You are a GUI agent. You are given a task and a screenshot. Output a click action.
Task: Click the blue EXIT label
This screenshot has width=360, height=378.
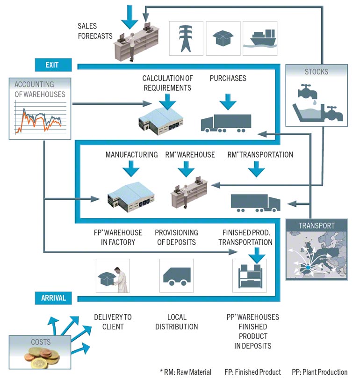tap(52, 65)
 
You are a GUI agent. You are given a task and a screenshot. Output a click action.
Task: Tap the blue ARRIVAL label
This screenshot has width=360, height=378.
tap(53, 298)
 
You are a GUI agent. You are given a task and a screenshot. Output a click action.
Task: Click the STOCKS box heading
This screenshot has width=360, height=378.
tap(317, 72)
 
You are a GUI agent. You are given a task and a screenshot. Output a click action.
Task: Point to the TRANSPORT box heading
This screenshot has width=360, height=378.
tap(317, 225)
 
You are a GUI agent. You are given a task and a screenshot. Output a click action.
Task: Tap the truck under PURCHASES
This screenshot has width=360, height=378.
tap(225, 123)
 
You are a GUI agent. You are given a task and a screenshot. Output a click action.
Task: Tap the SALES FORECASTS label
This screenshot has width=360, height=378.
tap(95, 31)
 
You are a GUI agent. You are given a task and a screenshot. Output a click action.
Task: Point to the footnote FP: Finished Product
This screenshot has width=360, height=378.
tap(252, 372)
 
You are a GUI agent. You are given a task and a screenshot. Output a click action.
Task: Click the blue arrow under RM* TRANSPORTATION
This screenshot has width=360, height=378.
tap(256, 169)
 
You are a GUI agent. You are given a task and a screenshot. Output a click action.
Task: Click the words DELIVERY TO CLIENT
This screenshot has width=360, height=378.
tap(113, 322)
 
